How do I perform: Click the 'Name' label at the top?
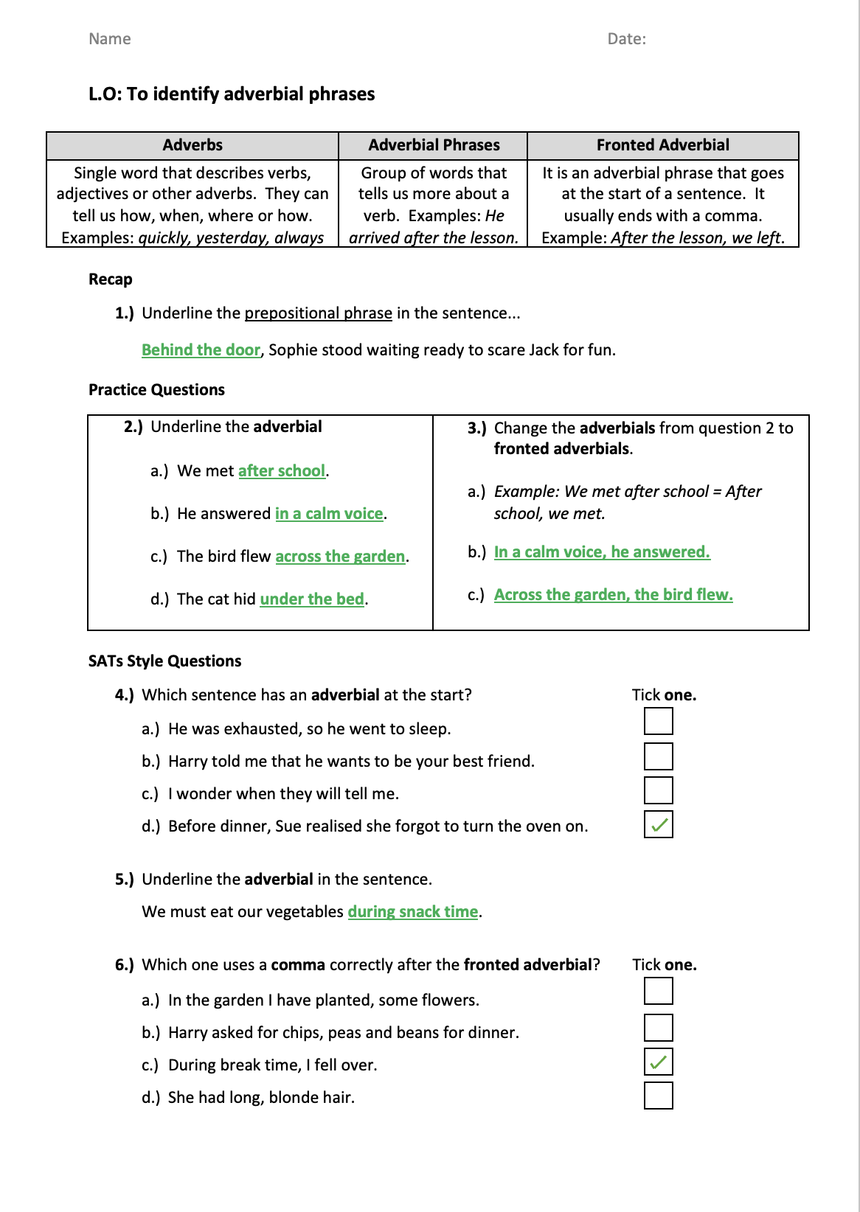(109, 39)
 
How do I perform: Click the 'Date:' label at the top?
(626, 39)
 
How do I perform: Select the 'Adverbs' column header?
(193, 145)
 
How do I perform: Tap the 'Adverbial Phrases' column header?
(434, 145)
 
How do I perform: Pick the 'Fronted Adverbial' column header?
(662, 145)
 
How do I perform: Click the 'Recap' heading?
(111, 279)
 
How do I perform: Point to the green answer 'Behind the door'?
(201, 350)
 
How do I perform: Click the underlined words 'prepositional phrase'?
(318, 313)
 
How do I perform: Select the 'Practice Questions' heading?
(156, 390)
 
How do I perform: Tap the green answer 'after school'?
(282, 471)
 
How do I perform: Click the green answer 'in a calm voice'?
(329, 514)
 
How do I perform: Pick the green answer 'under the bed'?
(312, 599)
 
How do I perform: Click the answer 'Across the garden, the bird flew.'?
(613, 595)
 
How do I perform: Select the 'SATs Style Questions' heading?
(164, 661)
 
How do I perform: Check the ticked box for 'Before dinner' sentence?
(658, 824)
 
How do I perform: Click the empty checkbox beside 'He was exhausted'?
(658, 721)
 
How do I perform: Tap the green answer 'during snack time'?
(412, 912)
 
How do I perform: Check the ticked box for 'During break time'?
(658, 1062)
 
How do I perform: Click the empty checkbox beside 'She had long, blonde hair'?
(658, 1096)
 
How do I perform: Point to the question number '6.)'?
(125, 965)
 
